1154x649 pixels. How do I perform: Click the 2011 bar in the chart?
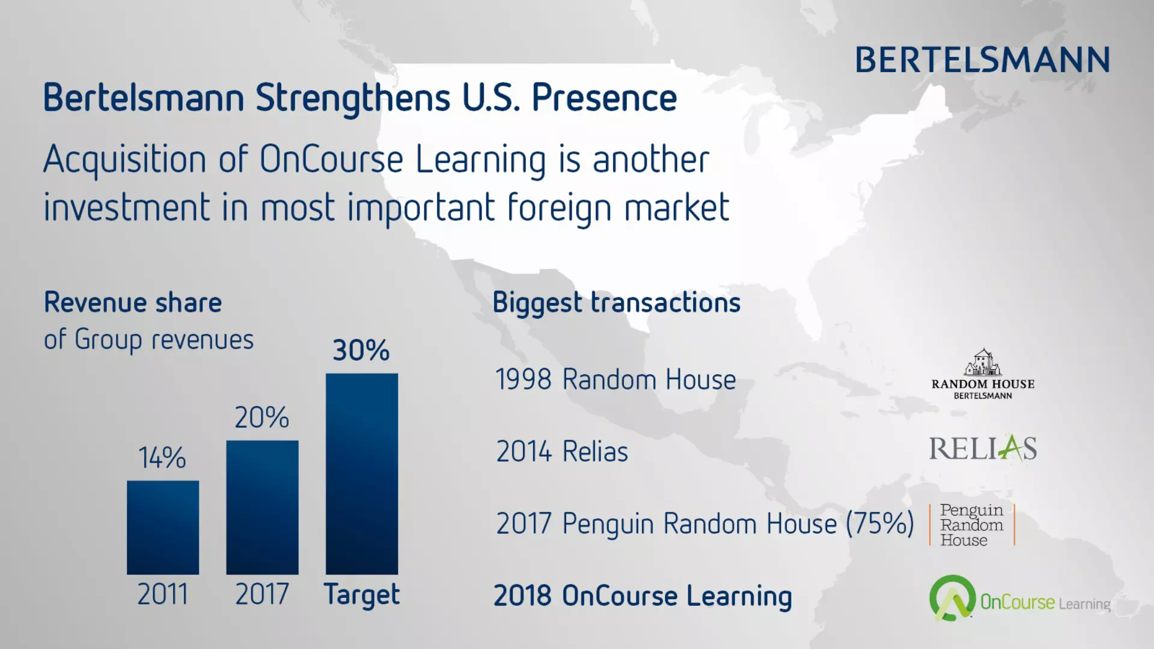pos(163,527)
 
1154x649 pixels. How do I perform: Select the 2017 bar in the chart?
pos(262,507)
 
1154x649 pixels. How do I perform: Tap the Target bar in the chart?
pos(362,474)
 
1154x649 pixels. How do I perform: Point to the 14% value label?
pos(162,458)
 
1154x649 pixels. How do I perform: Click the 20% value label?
pos(262,418)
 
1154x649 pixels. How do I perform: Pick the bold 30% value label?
pos(361,350)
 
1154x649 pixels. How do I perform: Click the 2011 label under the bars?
pos(162,594)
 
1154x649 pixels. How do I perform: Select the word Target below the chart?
pos(362,596)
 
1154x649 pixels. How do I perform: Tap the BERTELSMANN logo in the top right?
pos(983,60)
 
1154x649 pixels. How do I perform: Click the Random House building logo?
pos(983,374)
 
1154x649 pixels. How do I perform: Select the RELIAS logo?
pos(983,448)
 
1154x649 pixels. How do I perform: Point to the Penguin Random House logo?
pos(972,525)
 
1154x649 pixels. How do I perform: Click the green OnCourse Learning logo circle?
pos(952,598)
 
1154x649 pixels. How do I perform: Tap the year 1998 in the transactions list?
pos(524,380)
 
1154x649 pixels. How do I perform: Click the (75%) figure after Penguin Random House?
pos(880,523)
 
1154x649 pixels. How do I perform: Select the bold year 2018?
pos(522,596)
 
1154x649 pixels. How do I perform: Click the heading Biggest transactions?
pos(617,303)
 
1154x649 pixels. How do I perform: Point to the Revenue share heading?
pos(133,302)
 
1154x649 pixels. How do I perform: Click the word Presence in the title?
pos(605,98)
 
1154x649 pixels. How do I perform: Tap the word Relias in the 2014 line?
pos(595,451)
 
